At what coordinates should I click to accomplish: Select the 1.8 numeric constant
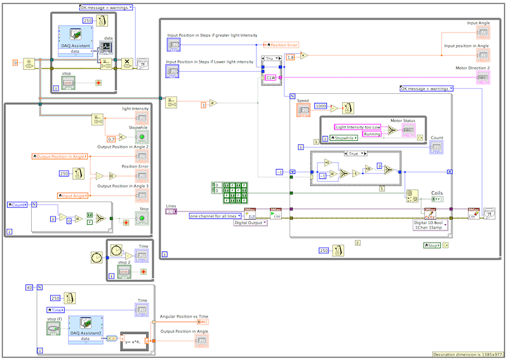[291, 57]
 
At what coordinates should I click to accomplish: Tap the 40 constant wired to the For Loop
[29, 288]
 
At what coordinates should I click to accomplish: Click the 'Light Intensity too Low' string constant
[358, 127]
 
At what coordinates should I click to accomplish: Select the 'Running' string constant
[371, 134]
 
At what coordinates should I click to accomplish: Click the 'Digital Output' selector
[250, 223]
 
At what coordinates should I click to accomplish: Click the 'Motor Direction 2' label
[472, 67]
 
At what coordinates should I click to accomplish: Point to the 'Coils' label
[437, 193]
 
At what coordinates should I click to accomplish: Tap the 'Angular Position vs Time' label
[184, 316]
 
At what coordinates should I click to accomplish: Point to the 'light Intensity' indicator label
[135, 109]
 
